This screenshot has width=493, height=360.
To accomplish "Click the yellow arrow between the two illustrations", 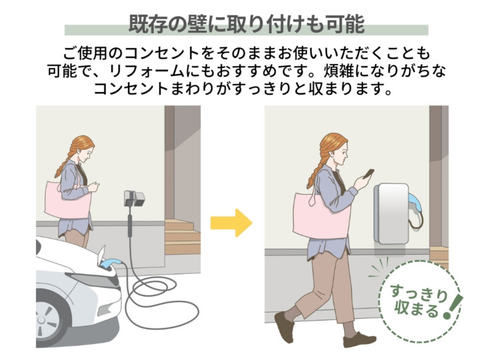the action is (231, 223).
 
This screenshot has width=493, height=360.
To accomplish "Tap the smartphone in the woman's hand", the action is (368, 174).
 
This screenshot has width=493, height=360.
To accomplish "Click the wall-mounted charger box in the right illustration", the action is (392, 214).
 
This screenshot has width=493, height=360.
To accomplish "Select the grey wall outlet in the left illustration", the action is (135, 198).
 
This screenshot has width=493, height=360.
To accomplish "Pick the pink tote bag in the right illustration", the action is (320, 215).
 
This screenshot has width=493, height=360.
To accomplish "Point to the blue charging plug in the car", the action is (110, 263).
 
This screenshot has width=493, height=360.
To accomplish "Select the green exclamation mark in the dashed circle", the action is (452, 307).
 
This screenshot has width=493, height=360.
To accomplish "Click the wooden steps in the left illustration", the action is (183, 237).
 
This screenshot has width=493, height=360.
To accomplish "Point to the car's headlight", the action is (95, 280).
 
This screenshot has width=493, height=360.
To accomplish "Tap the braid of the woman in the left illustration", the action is (65, 162).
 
